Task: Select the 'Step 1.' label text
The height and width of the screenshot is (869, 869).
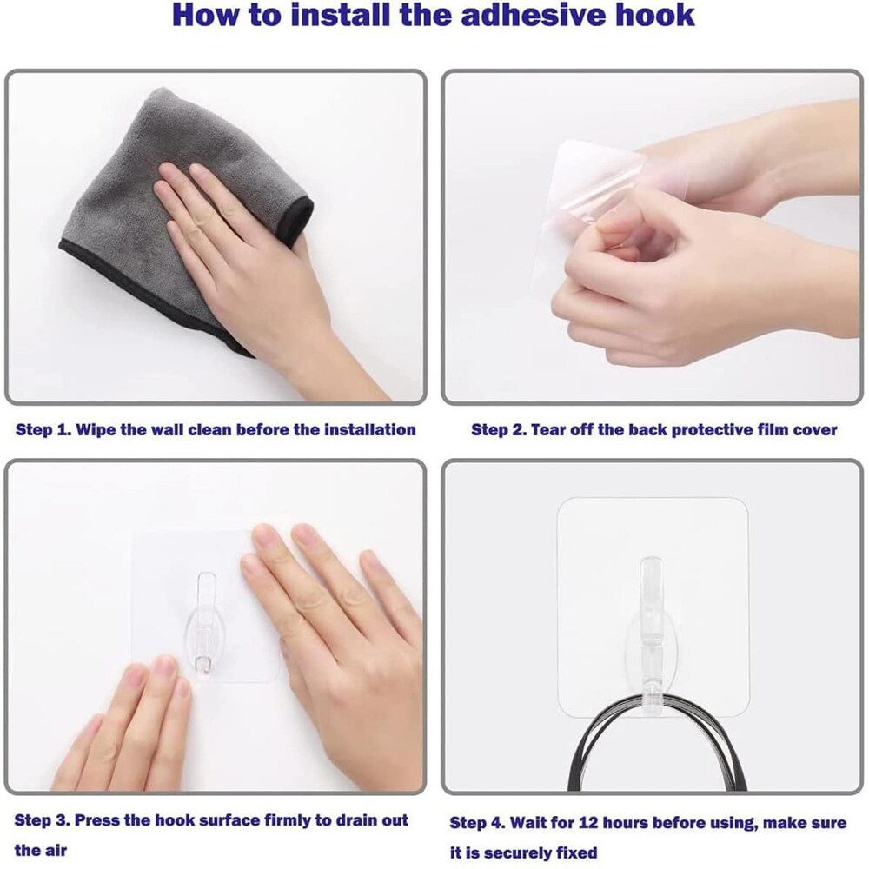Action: [43, 429]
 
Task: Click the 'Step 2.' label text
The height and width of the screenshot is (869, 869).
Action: [498, 429]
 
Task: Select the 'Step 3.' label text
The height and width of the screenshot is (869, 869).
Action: [43, 820]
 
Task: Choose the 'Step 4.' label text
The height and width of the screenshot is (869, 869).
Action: [477, 822]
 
